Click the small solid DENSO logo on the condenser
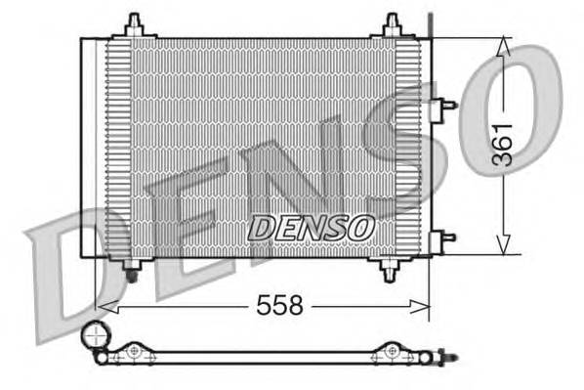tap(311, 227)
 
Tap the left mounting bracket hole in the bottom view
tap(133, 350)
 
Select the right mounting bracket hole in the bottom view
tap(392, 350)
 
